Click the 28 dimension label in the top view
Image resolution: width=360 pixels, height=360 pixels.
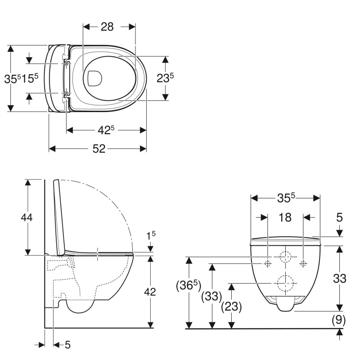(107, 27)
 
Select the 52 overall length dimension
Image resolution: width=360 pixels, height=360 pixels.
(99, 149)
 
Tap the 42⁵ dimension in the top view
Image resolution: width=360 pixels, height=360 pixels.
(106, 130)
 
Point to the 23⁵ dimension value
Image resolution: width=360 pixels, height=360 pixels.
(165, 78)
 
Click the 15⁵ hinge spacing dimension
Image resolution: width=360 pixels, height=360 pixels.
(30, 78)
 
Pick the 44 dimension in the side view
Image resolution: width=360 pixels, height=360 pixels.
(27, 217)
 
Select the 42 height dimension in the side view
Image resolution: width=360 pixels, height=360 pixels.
(150, 292)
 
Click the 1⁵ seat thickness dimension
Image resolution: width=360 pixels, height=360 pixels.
(151, 235)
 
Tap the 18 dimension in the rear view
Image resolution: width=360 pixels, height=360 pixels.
(285, 217)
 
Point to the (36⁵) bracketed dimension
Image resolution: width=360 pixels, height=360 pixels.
(189, 285)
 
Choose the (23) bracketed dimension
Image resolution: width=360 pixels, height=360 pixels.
(231, 306)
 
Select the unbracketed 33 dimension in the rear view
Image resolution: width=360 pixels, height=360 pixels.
(340, 279)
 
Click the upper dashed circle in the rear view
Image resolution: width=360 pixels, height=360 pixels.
(285, 257)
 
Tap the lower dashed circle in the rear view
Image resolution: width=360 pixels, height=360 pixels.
(285, 283)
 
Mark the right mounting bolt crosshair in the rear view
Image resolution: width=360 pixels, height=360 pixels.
(303, 264)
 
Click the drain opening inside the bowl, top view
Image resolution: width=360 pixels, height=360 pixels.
(94, 78)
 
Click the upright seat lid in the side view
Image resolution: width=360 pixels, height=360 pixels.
(59, 218)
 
